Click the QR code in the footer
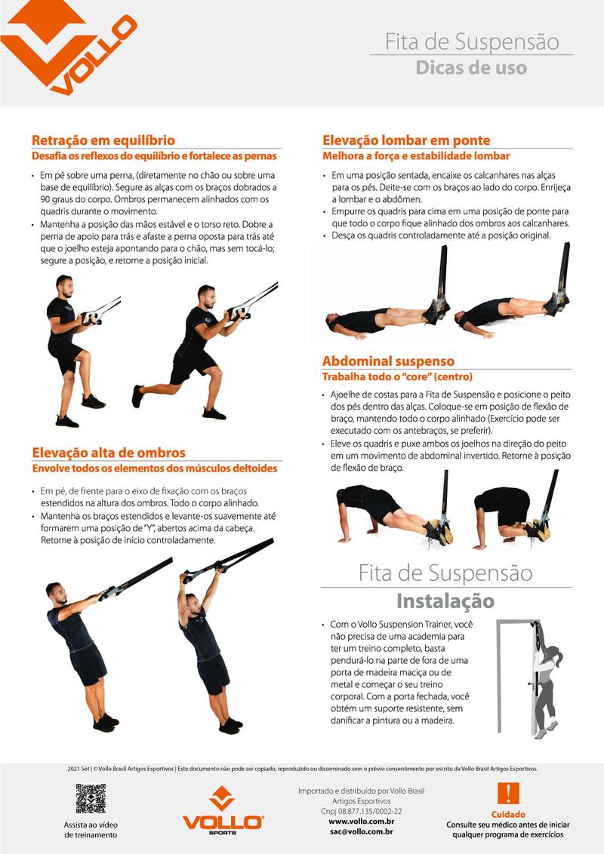pyautogui.click(x=91, y=798)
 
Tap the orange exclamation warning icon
pyautogui.click(x=508, y=793)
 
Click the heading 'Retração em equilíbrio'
pyautogui.click(x=103, y=140)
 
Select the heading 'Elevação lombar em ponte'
pyautogui.click(x=406, y=140)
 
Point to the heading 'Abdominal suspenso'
pyautogui.click(x=388, y=361)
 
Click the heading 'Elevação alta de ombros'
pyautogui.click(x=109, y=453)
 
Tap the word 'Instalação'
pyautogui.click(x=445, y=601)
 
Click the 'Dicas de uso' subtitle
pyautogui.click(x=471, y=68)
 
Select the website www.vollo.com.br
pyautogui.click(x=362, y=822)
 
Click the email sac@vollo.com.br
pyautogui.click(x=362, y=831)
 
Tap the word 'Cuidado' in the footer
pyautogui.click(x=508, y=814)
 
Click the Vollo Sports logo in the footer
pyautogui.click(x=223, y=810)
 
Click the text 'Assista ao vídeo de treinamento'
pyautogui.click(x=91, y=830)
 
